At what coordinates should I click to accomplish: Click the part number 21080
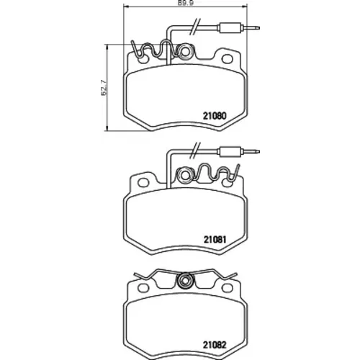pos(215,116)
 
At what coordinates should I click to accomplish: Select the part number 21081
pos(215,240)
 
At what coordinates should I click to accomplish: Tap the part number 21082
pos(215,345)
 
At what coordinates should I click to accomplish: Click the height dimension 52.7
pos(104,88)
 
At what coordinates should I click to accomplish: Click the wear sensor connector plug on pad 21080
pos(230,27)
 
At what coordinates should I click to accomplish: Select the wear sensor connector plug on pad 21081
pos(230,151)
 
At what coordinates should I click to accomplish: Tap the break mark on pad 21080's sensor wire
pos(195,27)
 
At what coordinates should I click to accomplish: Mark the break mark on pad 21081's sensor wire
pos(195,150)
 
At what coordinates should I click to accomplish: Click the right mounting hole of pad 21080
pos(227,59)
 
